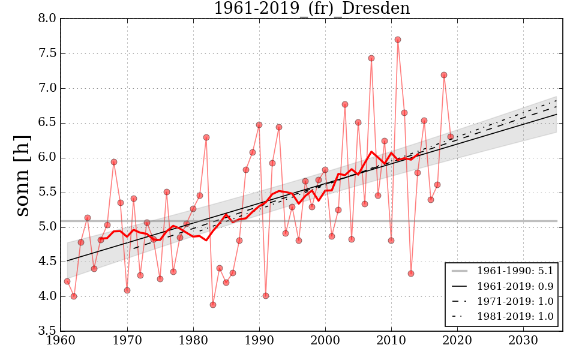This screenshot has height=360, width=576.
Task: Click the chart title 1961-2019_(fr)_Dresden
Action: [311, 9]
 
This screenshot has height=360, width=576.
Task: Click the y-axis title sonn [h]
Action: [23, 175]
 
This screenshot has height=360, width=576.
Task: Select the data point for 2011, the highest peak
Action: [398, 40]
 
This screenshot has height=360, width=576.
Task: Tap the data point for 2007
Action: [371, 58]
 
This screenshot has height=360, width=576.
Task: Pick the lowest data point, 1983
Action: [213, 305]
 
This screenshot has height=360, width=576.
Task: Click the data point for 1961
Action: [67, 281]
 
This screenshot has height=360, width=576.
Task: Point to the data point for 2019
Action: [451, 137]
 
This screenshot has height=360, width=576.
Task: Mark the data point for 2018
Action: [444, 75]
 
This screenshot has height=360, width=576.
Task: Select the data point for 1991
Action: [266, 296]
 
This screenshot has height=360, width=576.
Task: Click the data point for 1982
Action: [206, 137]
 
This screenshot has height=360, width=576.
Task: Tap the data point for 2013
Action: [411, 274]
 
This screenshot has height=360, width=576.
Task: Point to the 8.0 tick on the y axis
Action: [48, 19]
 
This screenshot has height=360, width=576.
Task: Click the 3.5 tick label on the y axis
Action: [48, 331]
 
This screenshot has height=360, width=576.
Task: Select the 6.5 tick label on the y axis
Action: [48, 123]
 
